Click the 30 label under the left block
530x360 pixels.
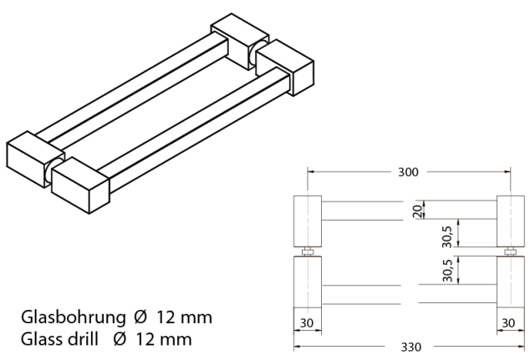[x=306, y=322]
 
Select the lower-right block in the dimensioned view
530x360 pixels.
[x=510, y=291]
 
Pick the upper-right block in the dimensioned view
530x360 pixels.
[x=510, y=221]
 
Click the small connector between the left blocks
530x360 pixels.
[x=307, y=251]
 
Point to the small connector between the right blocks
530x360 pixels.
[x=510, y=251]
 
